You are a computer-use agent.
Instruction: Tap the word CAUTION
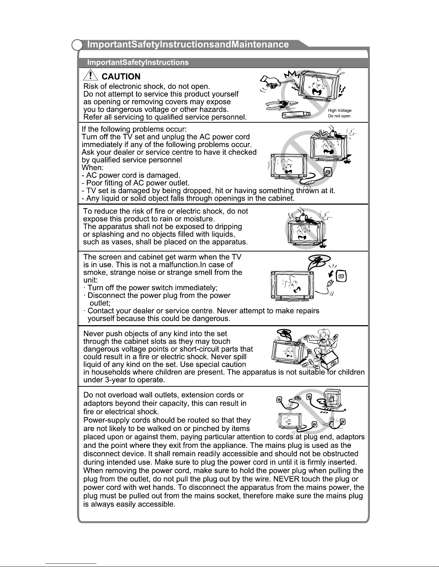coord(121,77)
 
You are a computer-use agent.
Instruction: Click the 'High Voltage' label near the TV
coord(339,111)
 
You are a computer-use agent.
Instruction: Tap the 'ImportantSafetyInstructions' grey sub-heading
coord(138,63)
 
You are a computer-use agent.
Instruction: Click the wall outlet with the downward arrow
coord(341,276)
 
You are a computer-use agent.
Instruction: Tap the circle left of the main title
coord(77,45)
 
